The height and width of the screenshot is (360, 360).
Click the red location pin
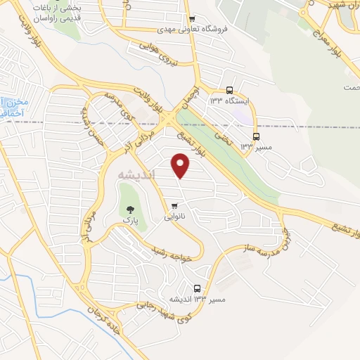click(x=181, y=166)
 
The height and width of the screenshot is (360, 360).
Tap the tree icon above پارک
click(x=129, y=208)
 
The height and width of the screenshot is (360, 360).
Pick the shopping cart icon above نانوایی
click(x=174, y=205)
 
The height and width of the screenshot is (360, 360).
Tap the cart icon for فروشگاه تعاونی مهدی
click(x=192, y=20)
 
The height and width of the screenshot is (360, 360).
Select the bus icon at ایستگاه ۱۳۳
click(x=229, y=90)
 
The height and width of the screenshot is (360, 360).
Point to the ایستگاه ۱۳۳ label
click(x=229, y=101)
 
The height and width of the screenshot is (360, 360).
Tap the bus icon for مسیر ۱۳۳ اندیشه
click(x=198, y=288)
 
